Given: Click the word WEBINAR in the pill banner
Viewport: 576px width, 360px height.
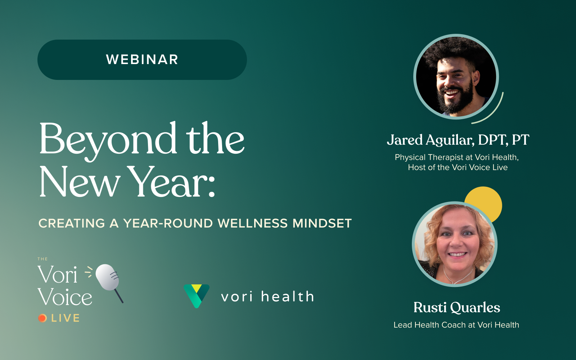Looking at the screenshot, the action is click(x=142, y=60).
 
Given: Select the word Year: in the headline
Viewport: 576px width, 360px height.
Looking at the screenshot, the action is click(x=171, y=182).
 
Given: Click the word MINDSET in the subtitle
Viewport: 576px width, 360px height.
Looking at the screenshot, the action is click(x=322, y=223).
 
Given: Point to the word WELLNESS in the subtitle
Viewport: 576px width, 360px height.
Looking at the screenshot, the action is click(x=252, y=223).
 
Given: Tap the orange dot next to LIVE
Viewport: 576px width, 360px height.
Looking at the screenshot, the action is click(x=42, y=318).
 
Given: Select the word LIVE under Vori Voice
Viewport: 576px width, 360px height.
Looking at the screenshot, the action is click(x=65, y=318).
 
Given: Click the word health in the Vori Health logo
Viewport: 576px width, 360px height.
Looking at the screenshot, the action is click(x=288, y=296).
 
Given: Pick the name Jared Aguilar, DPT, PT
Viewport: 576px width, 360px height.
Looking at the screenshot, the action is click(x=458, y=140).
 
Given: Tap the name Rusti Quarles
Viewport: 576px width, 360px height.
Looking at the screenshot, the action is click(x=457, y=307).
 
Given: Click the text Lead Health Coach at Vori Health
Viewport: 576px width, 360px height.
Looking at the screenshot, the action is click(x=456, y=325).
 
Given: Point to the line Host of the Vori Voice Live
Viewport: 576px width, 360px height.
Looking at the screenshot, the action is click(x=458, y=167).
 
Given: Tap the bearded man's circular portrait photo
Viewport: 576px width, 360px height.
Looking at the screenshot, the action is click(x=456, y=77).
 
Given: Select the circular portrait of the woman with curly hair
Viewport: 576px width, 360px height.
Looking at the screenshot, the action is click(x=455, y=244).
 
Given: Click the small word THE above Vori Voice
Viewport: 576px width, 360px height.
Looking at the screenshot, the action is click(x=43, y=259).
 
